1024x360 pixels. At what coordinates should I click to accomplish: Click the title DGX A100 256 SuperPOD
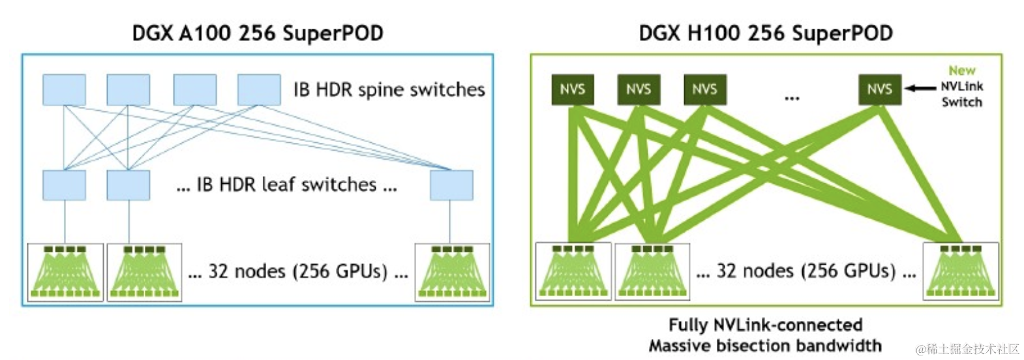(x=258, y=33)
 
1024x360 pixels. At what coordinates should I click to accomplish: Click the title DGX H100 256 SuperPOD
(x=766, y=33)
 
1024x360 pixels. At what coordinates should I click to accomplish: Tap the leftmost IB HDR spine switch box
(x=64, y=90)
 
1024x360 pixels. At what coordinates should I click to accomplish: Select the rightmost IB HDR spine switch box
(x=259, y=90)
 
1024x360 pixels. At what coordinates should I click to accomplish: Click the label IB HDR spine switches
(x=389, y=89)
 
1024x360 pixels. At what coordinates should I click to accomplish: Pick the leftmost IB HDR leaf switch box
(x=64, y=185)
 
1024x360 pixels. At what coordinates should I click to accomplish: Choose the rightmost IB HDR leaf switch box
(x=451, y=185)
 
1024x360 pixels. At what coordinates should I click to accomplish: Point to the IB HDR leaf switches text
(x=286, y=185)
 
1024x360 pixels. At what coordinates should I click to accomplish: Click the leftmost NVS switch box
(x=573, y=89)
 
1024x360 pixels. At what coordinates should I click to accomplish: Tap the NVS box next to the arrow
(x=880, y=89)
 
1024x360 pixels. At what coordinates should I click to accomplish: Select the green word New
(x=962, y=70)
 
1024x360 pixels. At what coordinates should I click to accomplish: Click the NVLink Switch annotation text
(x=962, y=94)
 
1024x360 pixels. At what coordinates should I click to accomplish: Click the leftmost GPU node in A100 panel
(x=65, y=273)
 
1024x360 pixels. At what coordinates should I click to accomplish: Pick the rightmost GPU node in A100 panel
(x=453, y=273)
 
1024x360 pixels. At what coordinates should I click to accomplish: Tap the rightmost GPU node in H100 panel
(x=961, y=271)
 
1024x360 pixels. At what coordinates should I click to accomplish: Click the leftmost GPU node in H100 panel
(x=573, y=271)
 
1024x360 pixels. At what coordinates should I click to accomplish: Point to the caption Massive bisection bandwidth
(x=766, y=346)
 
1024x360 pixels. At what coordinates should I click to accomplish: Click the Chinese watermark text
(x=968, y=350)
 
